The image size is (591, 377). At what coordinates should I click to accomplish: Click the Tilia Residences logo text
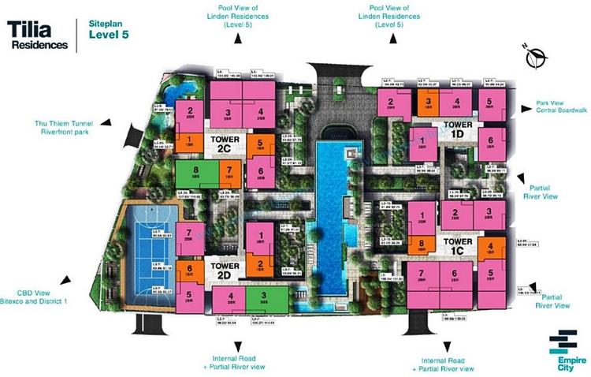tap(36, 35)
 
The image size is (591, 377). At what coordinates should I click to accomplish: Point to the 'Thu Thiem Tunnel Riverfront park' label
tap(67, 127)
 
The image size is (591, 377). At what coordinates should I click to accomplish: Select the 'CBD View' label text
tap(33, 293)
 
